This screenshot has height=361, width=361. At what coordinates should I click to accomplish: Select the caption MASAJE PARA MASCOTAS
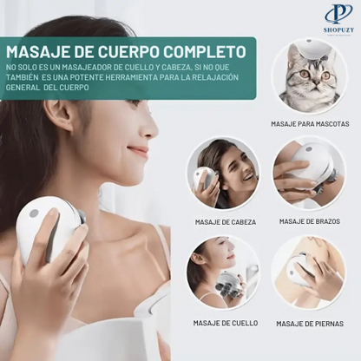[310, 124]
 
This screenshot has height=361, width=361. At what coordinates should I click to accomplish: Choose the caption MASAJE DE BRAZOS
[310, 222]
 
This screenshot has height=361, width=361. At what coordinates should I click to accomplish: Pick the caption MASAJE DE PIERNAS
[310, 323]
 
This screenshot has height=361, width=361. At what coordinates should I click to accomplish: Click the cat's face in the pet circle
[306, 73]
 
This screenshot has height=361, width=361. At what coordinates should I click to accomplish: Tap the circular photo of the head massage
[223, 174]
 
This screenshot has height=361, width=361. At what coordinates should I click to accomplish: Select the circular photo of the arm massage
[310, 174]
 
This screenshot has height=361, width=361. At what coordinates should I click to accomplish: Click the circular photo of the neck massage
[223, 272]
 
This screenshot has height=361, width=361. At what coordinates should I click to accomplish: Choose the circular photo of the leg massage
[310, 272]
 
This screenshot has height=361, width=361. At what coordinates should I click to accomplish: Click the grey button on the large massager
[34, 213]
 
